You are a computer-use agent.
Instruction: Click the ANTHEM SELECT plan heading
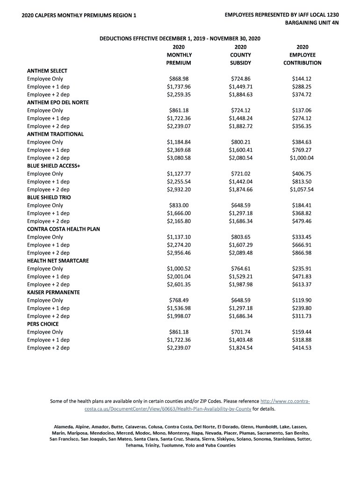(47, 71)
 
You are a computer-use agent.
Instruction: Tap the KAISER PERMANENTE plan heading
(53, 292)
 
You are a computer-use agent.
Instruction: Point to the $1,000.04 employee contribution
(302, 158)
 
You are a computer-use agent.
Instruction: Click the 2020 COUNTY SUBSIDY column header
(241, 55)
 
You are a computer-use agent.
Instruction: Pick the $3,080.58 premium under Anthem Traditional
(179, 158)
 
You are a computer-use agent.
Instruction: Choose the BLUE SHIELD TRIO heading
(49, 197)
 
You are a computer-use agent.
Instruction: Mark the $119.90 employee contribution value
(302, 300)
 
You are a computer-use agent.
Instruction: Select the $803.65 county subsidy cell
(241, 237)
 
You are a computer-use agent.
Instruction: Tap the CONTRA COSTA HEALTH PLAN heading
(64, 229)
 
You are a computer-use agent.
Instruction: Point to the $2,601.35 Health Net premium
(179, 284)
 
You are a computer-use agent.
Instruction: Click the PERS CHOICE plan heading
(43, 324)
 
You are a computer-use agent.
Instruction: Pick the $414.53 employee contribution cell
(302, 348)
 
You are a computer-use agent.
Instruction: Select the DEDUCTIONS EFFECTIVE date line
(180, 39)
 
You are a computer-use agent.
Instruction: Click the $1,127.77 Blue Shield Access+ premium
(179, 174)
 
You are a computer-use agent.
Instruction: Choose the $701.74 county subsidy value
(241, 332)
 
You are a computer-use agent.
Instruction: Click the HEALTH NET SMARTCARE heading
(58, 261)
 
